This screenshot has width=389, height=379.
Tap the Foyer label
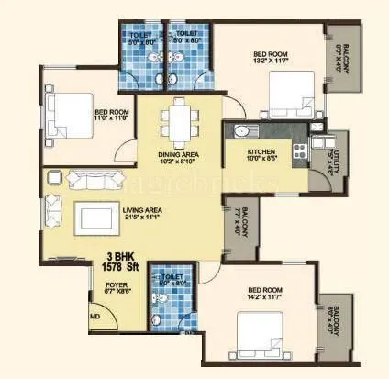pos(117,285)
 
